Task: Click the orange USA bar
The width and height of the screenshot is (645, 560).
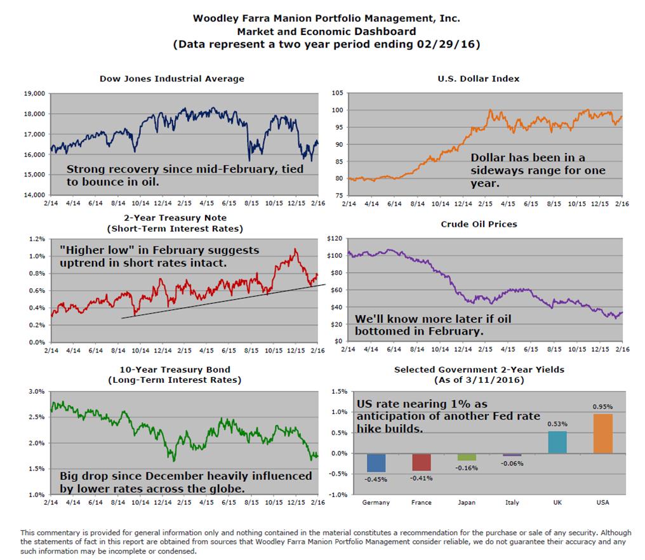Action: click(x=602, y=434)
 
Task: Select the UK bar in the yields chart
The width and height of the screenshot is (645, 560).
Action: click(x=557, y=442)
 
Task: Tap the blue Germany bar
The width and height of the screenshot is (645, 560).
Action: click(x=376, y=462)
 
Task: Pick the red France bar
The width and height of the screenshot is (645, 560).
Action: click(x=422, y=462)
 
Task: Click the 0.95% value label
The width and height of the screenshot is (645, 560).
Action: click(x=602, y=407)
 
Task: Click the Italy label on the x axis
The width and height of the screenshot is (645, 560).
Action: click(x=512, y=502)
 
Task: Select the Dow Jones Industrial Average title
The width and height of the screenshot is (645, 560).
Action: click(x=171, y=79)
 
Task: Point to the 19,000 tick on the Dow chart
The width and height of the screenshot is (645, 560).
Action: click(x=34, y=93)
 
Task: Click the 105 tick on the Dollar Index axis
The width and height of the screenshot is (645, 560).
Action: click(x=336, y=93)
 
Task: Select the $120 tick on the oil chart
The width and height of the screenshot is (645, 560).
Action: click(x=335, y=239)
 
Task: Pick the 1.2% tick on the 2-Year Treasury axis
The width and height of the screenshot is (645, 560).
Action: click(x=36, y=239)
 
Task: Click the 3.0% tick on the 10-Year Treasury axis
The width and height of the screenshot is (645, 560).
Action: click(x=36, y=391)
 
